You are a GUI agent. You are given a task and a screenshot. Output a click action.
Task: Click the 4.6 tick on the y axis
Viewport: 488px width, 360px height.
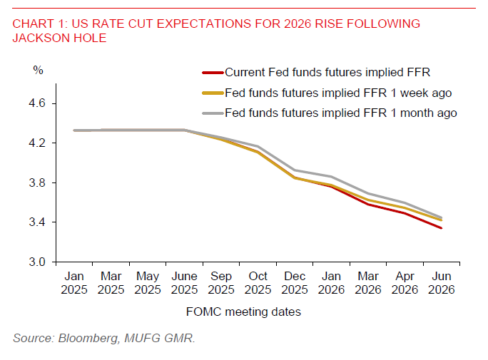point(38,103)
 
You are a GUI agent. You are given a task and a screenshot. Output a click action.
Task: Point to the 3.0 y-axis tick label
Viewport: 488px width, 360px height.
point(38,262)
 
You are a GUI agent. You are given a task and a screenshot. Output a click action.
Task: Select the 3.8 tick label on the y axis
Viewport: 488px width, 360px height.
point(38,183)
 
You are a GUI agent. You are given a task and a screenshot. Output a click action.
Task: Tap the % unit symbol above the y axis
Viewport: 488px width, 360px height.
point(38,70)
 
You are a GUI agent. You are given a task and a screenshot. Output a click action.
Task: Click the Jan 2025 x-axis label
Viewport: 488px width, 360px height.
point(74,283)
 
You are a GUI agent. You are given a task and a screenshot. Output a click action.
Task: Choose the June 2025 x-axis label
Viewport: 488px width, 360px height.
point(184,283)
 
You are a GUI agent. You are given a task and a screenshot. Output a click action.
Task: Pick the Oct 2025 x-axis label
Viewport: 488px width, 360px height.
point(258,283)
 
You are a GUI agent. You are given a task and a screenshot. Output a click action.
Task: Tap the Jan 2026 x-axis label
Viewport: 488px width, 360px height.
point(331,283)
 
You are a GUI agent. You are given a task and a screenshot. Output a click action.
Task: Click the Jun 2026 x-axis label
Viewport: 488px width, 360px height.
point(441,283)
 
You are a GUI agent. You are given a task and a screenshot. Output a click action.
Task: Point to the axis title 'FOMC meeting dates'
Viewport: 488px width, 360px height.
point(243,312)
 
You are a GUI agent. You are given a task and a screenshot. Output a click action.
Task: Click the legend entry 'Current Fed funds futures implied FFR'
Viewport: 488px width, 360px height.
point(327,72)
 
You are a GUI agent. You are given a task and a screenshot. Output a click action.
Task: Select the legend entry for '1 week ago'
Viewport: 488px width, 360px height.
point(338,92)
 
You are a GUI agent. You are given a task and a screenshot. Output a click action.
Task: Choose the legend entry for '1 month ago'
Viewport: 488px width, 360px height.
point(341,113)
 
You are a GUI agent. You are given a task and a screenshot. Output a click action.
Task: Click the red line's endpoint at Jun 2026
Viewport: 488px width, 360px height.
point(442,228)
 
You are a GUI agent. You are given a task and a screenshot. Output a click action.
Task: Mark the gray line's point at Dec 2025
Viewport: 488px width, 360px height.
point(295,170)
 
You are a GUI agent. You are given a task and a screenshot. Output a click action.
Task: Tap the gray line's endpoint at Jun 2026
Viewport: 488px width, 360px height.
point(442,218)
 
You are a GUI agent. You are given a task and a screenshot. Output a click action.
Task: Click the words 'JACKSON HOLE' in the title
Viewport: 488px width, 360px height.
point(59,38)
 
